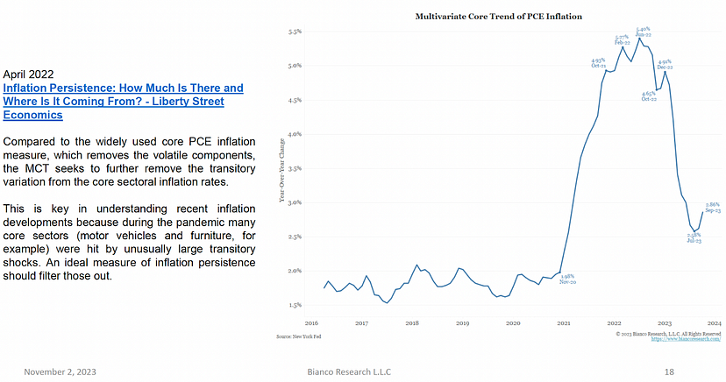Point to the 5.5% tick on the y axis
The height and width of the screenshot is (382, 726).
pos(295,32)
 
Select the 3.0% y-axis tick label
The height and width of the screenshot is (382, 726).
pos(295,202)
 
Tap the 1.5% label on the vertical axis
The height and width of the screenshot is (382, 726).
pos(295,305)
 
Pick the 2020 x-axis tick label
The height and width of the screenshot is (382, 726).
pos(513,323)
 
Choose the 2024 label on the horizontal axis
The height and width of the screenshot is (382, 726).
pos(714,323)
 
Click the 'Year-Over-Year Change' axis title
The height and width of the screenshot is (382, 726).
pos(281,170)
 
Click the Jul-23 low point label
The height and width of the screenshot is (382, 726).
pos(694,237)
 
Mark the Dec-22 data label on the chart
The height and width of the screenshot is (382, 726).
pos(664,65)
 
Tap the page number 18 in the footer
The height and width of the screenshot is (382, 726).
pos(669,372)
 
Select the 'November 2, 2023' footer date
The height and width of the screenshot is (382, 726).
pos(60,372)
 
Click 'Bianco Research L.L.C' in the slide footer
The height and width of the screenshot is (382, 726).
pos(336,372)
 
